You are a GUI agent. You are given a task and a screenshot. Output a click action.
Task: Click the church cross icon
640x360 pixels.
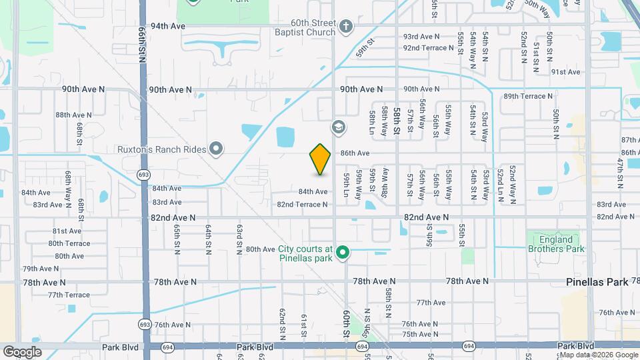tap(345, 27)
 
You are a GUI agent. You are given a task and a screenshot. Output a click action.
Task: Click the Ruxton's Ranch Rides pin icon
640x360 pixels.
tap(216, 149)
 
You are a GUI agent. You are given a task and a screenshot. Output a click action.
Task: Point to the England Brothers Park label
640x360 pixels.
tap(555, 244)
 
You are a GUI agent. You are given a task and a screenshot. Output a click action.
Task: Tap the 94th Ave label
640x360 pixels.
tap(167, 26)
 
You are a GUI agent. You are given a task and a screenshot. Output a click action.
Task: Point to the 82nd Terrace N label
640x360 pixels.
tap(303, 205)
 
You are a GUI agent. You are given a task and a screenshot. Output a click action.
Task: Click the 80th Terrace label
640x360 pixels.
tap(69, 243)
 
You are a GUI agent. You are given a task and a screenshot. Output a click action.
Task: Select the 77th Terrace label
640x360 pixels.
tap(69, 295)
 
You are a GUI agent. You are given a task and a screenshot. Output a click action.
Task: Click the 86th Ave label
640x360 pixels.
tap(355, 153)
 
